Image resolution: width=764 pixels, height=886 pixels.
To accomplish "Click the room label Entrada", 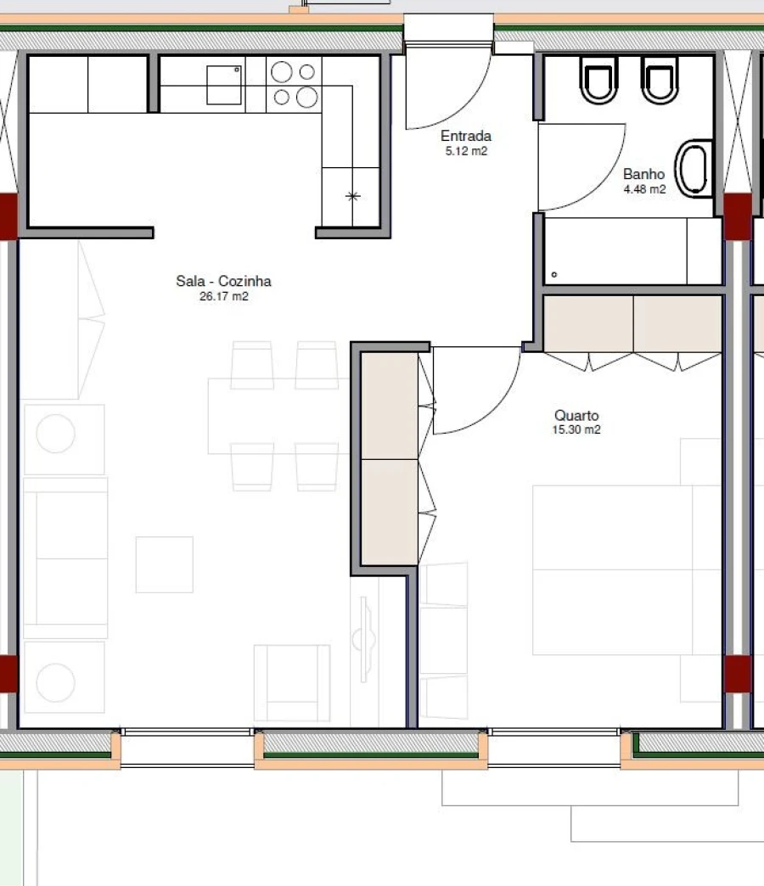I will click(x=466, y=136).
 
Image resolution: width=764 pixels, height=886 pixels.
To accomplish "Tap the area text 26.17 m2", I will click(x=224, y=296).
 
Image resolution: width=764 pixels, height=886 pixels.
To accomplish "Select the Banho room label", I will click(x=644, y=174).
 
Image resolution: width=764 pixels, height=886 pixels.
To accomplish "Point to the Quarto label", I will click(x=576, y=416).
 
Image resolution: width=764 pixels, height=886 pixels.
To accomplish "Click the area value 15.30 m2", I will click(x=576, y=430).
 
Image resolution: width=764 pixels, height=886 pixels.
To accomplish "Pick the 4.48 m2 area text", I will click(x=644, y=189).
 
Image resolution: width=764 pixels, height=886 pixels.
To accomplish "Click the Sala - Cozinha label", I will click(x=224, y=281).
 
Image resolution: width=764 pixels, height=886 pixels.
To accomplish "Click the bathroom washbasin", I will click(x=695, y=168).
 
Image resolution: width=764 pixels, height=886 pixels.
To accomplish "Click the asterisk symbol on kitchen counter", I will click(x=353, y=197).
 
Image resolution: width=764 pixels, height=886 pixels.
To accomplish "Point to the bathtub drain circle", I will click(x=554, y=275).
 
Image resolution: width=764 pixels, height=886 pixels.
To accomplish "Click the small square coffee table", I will click(x=164, y=564).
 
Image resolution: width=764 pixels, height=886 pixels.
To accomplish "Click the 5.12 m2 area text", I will click(x=466, y=152).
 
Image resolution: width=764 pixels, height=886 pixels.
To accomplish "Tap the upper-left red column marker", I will click(x=8, y=216).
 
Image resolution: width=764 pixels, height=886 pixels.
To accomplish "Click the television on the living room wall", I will click(x=367, y=636).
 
